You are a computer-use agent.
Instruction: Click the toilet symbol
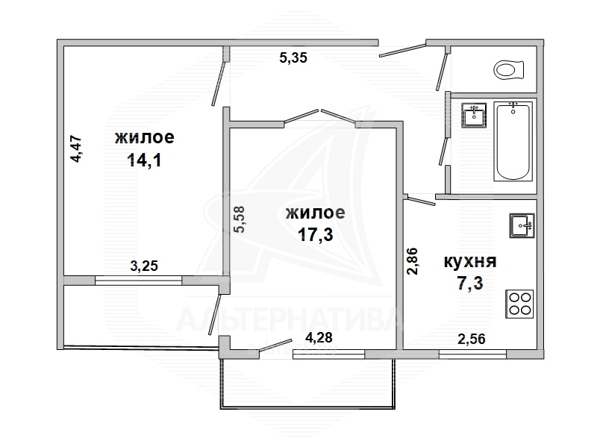tap(509, 69)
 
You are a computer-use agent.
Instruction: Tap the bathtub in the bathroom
tap(513, 141)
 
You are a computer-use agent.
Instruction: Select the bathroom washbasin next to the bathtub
tap(474, 115)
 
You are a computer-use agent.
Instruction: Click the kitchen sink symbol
tap(522, 225)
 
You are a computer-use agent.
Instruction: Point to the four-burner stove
tap(519, 304)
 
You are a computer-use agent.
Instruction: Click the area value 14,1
tap(144, 160)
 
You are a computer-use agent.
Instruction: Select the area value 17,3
tap(315, 234)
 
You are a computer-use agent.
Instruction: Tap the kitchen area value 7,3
tap(470, 284)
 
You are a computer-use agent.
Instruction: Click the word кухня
tap(470, 263)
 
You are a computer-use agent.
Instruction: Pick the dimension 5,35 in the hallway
tap(293, 58)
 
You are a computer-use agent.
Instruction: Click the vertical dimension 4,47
tap(77, 149)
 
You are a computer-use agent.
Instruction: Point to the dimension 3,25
tap(144, 266)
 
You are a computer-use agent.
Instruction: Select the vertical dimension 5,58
tap(240, 219)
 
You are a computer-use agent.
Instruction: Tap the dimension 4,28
tap(319, 337)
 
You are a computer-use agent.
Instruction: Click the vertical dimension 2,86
tap(413, 261)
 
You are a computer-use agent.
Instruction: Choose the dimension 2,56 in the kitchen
tap(472, 339)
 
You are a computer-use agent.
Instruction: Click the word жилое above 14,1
tap(145, 137)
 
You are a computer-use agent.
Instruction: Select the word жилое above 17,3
tap(316, 213)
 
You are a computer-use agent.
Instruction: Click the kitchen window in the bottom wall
tap(472, 354)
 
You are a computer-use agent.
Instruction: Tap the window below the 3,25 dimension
tap(139, 281)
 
